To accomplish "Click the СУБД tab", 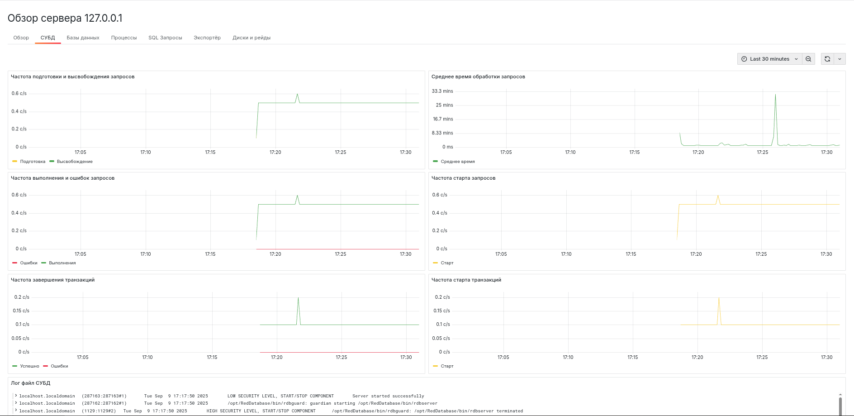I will [x=47, y=38].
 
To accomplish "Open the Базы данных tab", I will [x=83, y=38].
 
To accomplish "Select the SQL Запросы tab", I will [x=165, y=38].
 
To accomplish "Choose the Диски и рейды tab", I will [x=251, y=38].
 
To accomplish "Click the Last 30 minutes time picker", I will [x=769, y=59].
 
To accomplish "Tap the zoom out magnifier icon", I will [x=808, y=59].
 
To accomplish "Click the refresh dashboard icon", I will [x=827, y=59].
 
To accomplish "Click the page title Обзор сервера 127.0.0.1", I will [x=65, y=18].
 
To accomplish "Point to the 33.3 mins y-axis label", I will [x=442, y=91].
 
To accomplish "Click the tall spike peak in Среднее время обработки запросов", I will [x=775, y=95].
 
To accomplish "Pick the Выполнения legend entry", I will [x=62, y=263].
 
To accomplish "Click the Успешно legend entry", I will [x=29, y=366].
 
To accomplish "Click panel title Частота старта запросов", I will [x=463, y=178].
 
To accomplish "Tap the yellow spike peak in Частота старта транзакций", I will [x=719, y=298].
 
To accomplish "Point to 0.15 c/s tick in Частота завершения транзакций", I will [x=21, y=311].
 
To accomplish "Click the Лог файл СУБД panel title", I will [x=30, y=383].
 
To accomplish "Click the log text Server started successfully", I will [x=388, y=396].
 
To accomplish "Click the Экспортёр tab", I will [x=207, y=38].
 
